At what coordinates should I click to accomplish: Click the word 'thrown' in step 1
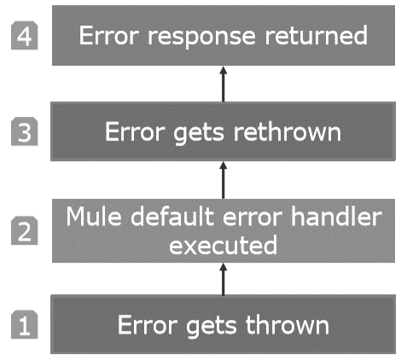[288, 325]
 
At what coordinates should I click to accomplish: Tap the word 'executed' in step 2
[224, 246]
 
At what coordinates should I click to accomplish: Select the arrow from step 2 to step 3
[224, 179]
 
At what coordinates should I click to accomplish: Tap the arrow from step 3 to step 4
[224, 83]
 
